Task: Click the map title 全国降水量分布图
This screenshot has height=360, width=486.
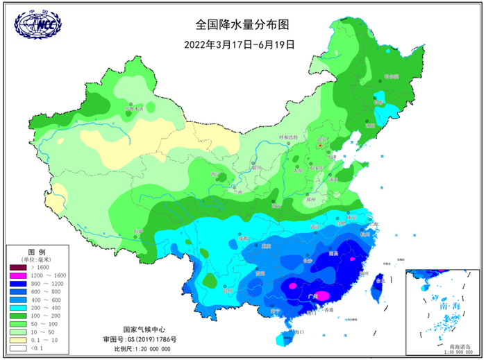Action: click(x=241, y=24)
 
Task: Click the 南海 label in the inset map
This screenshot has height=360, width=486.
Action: click(x=439, y=306)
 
